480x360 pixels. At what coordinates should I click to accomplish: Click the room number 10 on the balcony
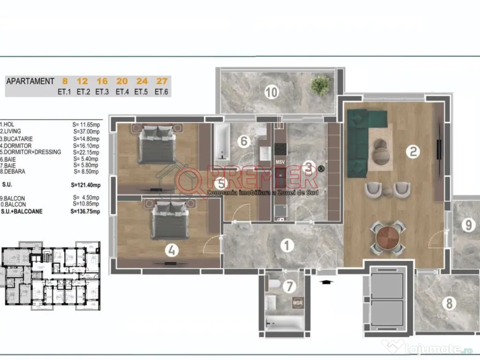pyautogui.click(x=270, y=92)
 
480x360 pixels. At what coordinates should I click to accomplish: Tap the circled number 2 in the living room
pyautogui.click(x=413, y=151)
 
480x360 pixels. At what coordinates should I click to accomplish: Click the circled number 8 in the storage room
pyautogui.click(x=449, y=303)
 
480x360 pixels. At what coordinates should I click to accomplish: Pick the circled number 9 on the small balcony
pyautogui.click(x=467, y=225)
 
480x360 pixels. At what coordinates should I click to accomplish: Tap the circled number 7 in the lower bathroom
pyautogui.click(x=290, y=285)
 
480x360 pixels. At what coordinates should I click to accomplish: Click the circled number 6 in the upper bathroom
pyautogui.click(x=242, y=141)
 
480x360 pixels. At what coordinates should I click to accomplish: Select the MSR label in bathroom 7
pyautogui.click(x=298, y=303)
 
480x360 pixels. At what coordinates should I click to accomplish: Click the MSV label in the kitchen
pyautogui.click(x=280, y=162)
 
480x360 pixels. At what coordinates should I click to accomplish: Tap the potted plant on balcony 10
pyautogui.click(x=320, y=86)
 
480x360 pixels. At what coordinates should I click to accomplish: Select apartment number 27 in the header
pyautogui.click(x=161, y=81)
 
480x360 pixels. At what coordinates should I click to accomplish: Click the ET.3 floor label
pyautogui.click(x=102, y=92)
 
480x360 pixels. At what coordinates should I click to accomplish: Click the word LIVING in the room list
pyautogui.click(x=12, y=131)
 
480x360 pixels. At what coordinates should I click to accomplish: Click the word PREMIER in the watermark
pyautogui.click(x=262, y=177)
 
